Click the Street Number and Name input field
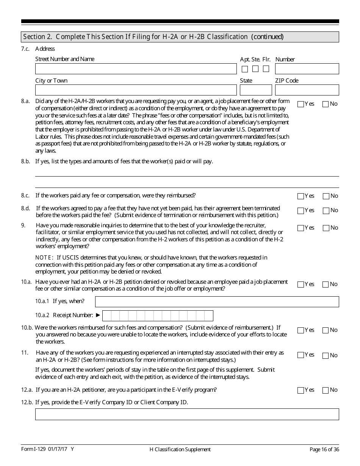pyautogui.click(x=136, y=69)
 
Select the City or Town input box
pyautogui.click(x=136, y=90)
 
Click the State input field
pyautogui.click(x=256, y=90)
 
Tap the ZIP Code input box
pyautogui.click(x=307, y=90)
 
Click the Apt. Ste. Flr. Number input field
pyautogui.click(x=307, y=69)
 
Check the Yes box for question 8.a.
pyautogui.click(x=301, y=104)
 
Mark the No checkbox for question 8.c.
pyautogui.click(x=326, y=196)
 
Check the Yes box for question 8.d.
pyautogui.click(x=301, y=211)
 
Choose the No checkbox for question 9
pyautogui.click(x=326, y=228)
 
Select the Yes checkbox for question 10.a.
pyautogui.click(x=301, y=285)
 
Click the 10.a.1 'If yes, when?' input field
pyautogui.click(x=217, y=302)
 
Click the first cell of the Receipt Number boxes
pyautogui.click(x=107, y=316)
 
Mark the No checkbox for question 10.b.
pyautogui.click(x=326, y=330)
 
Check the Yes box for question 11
pyautogui.click(x=301, y=355)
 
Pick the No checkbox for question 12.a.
pyautogui.click(x=326, y=390)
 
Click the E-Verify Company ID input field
pyautogui.click(x=187, y=414)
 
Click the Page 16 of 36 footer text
pyautogui.click(x=324, y=449)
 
